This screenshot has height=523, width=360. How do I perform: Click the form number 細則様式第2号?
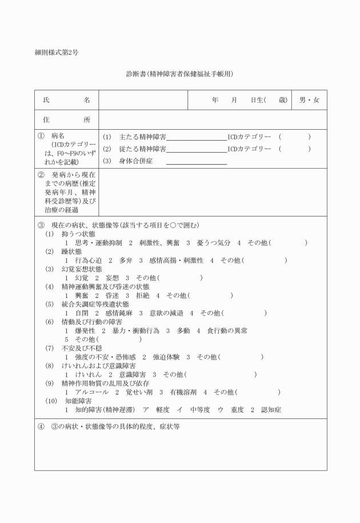pos(57,53)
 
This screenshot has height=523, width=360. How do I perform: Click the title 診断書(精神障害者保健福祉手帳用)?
pos(180,74)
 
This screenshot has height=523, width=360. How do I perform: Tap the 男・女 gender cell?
pos(309,100)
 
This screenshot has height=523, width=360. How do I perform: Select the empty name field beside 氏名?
pos(143,100)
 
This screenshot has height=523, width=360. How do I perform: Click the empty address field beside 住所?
pos(213,119)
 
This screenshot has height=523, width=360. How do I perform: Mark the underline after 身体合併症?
pos(197,163)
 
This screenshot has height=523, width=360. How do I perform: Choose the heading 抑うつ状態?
pos(78,234)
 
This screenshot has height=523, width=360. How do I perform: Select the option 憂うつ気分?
pos(214,242)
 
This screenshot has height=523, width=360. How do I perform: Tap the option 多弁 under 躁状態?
pos(126,260)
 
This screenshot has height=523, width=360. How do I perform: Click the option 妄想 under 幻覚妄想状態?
pos(112,278)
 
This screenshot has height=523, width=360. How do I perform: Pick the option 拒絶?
pos(143,296)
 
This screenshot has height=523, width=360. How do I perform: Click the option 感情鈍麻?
pos(118,313)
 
